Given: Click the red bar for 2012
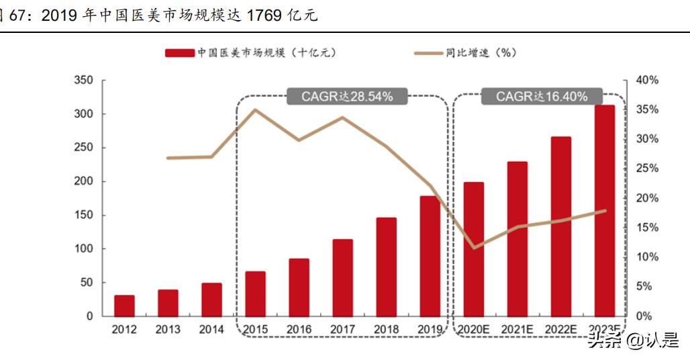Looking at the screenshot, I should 124,306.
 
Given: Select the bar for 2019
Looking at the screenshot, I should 430,256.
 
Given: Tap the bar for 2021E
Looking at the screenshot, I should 517,238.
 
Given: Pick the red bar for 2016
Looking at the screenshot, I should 299,287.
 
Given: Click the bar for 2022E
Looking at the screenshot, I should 560,226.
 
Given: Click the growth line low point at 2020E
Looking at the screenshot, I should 474,248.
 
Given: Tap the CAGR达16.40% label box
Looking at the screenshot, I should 542,97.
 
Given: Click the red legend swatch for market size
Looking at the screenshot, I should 180,52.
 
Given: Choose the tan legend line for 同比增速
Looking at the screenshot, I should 428,52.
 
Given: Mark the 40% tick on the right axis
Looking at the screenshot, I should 647,81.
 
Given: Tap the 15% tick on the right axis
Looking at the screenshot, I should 647,228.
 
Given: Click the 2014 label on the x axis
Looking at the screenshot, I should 211,330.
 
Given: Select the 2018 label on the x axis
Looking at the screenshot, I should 386,330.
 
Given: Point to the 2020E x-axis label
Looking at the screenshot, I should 474,330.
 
